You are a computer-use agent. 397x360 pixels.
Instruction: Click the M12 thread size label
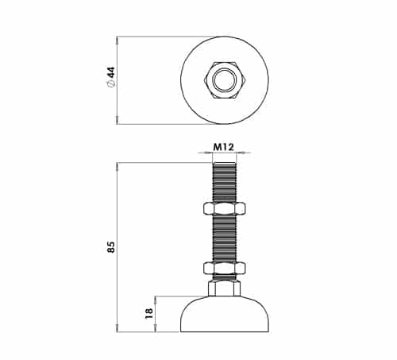pyautogui.click(x=224, y=147)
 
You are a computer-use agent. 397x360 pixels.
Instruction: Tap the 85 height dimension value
pyautogui.click(x=111, y=247)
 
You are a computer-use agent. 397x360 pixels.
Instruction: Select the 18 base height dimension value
pyautogui.click(x=149, y=313)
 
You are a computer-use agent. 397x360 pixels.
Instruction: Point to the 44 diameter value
pyautogui.click(x=112, y=72)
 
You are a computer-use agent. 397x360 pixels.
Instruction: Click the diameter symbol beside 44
pyautogui.click(x=112, y=83)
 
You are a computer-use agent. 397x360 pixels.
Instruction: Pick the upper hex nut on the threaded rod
pyautogui.click(x=225, y=208)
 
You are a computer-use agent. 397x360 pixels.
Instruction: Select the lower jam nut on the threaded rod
pyautogui.click(x=225, y=268)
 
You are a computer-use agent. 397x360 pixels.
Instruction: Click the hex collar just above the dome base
pyautogui.click(x=225, y=288)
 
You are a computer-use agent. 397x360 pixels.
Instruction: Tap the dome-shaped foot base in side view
pyautogui.click(x=225, y=314)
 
